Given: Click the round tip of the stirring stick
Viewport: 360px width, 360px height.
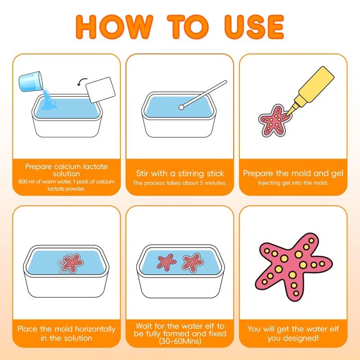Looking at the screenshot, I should click(180, 107).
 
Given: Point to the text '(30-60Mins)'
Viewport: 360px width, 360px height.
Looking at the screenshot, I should click(180, 342).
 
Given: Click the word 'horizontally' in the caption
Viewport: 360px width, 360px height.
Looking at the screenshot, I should click(92, 329).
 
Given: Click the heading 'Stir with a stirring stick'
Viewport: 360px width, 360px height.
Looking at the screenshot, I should click(180, 173).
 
